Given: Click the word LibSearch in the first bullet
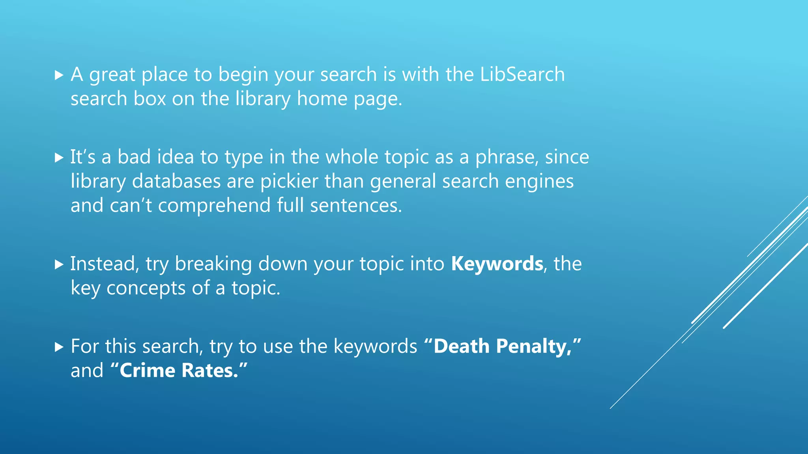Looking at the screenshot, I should [x=522, y=74].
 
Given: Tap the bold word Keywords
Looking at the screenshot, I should [x=497, y=264].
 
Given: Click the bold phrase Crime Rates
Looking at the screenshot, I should [x=179, y=370].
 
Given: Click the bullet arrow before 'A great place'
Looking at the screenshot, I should [x=59, y=75].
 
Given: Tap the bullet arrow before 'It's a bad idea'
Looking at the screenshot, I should [x=59, y=158].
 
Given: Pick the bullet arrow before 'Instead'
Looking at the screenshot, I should [x=59, y=264].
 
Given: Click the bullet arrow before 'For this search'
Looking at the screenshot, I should [x=59, y=347].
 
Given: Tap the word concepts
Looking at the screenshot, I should [x=146, y=288].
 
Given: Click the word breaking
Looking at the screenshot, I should [x=213, y=264].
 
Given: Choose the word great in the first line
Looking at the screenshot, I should [x=112, y=74].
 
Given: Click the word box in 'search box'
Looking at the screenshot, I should [x=150, y=99].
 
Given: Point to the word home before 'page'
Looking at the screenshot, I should [x=322, y=99].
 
